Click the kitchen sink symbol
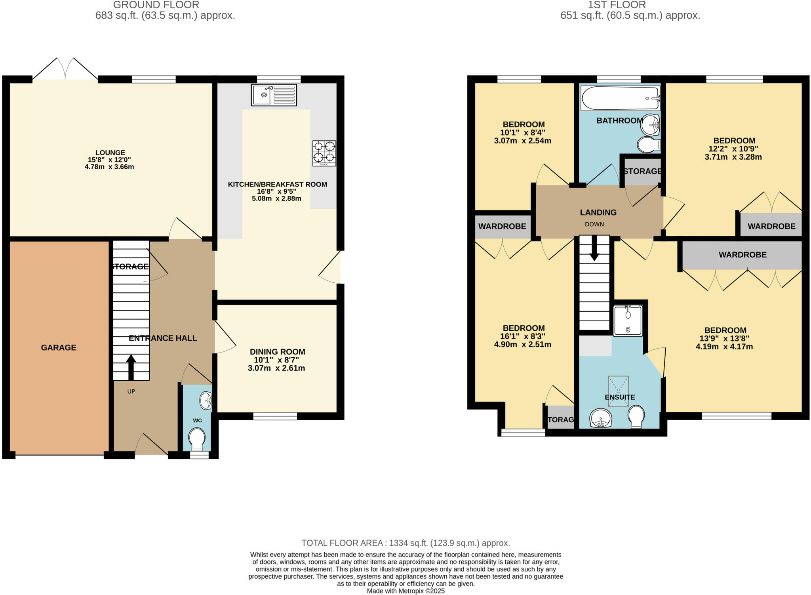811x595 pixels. pyautogui.click(x=274, y=95)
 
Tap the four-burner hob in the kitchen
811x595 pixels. pyautogui.click(x=324, y=153)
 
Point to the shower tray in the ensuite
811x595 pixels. pyautogui.click(x=628, y=320)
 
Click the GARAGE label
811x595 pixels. pyautogui.click(x=59, y=347)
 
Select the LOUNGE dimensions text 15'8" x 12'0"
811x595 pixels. pyautogui.click(x=109, y=160)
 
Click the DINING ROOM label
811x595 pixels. pyautogui.click(x=277, y=352)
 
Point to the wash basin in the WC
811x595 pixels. pyautogui.click(x=206, y=400)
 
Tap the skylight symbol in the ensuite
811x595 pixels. pyautogui.click(x=619, y=391)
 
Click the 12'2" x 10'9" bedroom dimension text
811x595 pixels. pyautogui.click(x=734, y=149)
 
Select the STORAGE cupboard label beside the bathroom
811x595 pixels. pyautogui.click(x=642, y=171)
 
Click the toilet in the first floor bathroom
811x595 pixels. pyautogui.click(x=648, y=145)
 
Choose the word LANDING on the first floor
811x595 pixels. pyautogui.click(x=598, y=212)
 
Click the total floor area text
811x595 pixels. pyautogui.click(x=405, y=543)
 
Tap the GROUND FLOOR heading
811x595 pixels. pyautogui.click(x=156, y=5)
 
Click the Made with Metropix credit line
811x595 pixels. pyautogui.click(x=405, y=591)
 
